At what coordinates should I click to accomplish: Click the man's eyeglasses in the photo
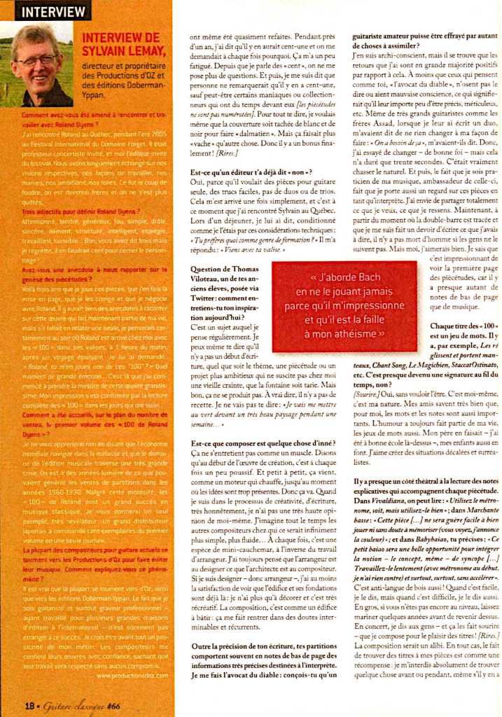[x=34, y=60]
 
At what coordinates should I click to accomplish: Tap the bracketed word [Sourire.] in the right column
[x=369, y=394]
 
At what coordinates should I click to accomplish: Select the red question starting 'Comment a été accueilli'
[x=92, y=415]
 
